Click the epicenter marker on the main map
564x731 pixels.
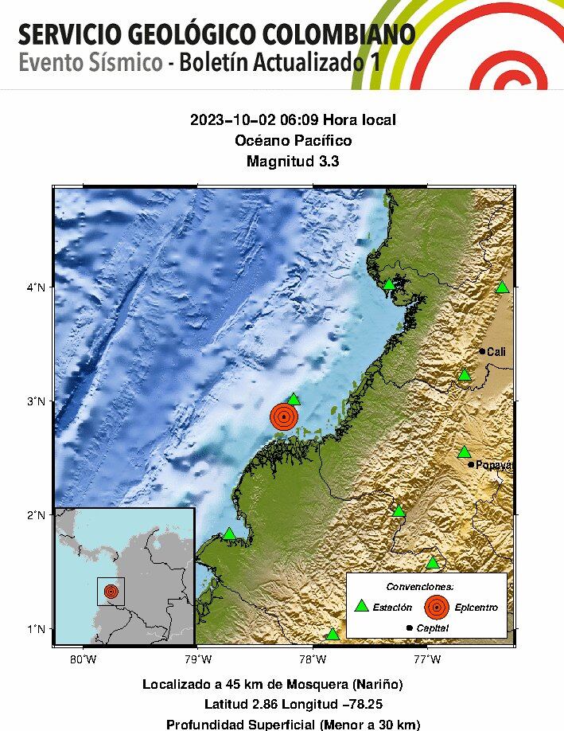tap(283, 416)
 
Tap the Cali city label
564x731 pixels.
tap(496, 351)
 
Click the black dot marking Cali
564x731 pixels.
tap(482, 351)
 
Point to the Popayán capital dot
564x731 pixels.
tap(471, 464)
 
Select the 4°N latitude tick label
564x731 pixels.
tap(34, 287)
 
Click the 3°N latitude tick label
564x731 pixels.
tap(34, 401)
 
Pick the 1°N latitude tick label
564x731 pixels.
tap(34, 629)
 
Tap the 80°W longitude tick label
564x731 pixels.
tap(84, 659)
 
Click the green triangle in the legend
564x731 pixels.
tap(362, 606)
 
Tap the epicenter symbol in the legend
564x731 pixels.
tap(436, 607)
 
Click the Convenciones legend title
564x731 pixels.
tap(426, 586)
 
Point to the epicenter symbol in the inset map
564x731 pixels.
tap(111, 592)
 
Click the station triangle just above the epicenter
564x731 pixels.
tap(294, 399)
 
